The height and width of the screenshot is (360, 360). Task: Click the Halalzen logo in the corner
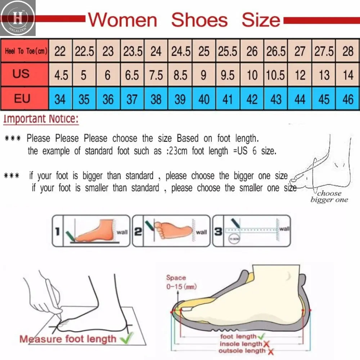(18, 18)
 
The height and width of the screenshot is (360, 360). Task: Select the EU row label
(22, 98)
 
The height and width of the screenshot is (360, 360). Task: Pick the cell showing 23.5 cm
(132, 51)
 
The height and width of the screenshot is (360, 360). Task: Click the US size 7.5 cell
(156, 75)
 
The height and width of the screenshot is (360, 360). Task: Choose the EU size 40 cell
(204, 99)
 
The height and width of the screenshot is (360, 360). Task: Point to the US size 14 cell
(348, 75)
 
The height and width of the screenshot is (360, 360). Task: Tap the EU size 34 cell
(60, 99)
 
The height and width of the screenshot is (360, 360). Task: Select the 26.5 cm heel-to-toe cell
(276, 51)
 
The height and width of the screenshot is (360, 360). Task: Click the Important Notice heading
(40, 119)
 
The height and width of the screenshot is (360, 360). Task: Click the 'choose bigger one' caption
(329, 197)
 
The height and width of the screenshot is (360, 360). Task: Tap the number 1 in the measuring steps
(57, 231)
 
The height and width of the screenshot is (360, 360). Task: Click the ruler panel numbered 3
(251, 231)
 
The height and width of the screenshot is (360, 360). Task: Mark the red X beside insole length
(266, 344)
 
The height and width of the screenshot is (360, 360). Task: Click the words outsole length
(242, 351)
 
